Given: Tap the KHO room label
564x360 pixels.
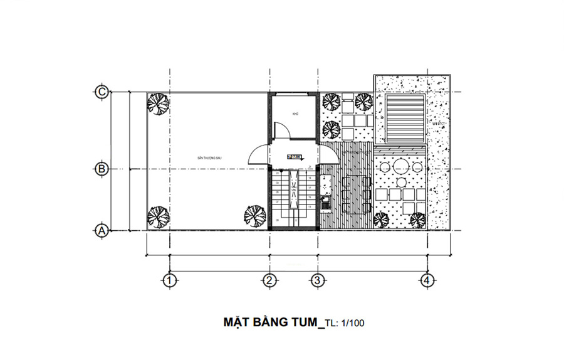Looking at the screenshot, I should [295, 114].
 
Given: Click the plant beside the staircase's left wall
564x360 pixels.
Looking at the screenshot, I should [254, 215].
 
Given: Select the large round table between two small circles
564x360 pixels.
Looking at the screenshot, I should [401, 168].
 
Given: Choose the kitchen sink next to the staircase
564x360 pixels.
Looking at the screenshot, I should [325, 202].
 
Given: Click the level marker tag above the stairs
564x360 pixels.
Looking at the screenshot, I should [294, 157].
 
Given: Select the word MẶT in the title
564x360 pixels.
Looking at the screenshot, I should [239, 323].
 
